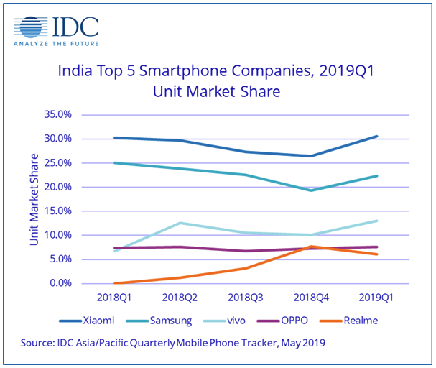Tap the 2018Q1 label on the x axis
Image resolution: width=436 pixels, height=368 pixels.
tap(115, 296)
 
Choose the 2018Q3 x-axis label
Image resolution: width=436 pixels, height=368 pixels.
tap(246, 296)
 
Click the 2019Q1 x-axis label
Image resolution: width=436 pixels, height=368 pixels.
tap(376, 296)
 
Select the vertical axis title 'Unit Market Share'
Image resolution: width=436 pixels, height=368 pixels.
tap(34, 198)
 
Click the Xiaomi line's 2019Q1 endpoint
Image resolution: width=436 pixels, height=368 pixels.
tap(377, 136)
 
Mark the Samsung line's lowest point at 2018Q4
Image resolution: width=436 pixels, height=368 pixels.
tap(311, 190)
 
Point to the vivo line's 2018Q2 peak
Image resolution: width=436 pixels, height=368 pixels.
tap(180, 223)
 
